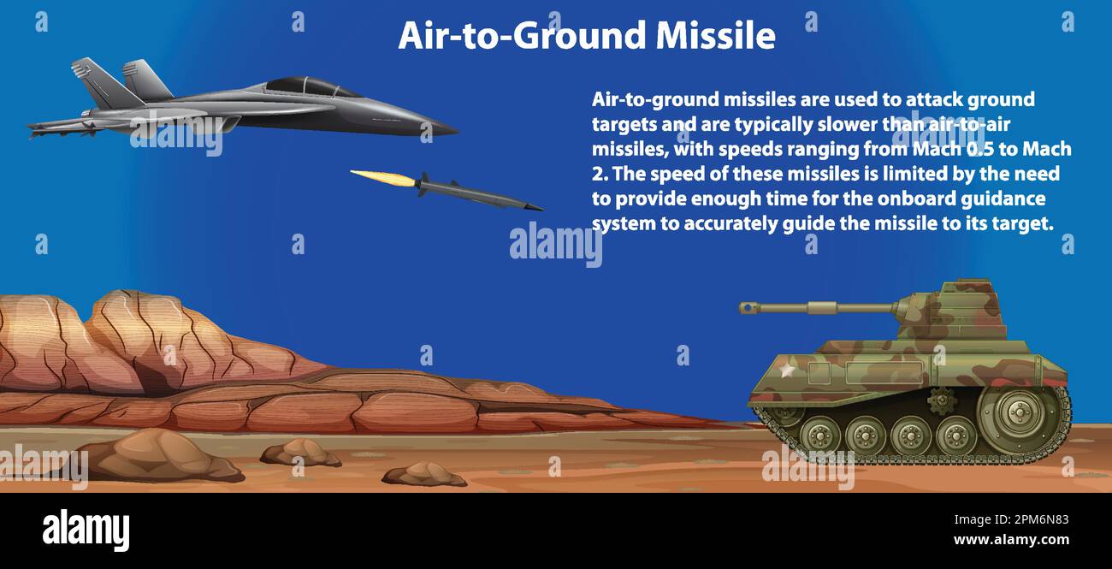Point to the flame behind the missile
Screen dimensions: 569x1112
(x=383, y=177)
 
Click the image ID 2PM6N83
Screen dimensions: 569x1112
(x=1026, y=519)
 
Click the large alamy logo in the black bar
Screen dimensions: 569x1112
(x=86, y=530)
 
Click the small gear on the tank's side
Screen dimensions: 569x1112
(x=942, y=399)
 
